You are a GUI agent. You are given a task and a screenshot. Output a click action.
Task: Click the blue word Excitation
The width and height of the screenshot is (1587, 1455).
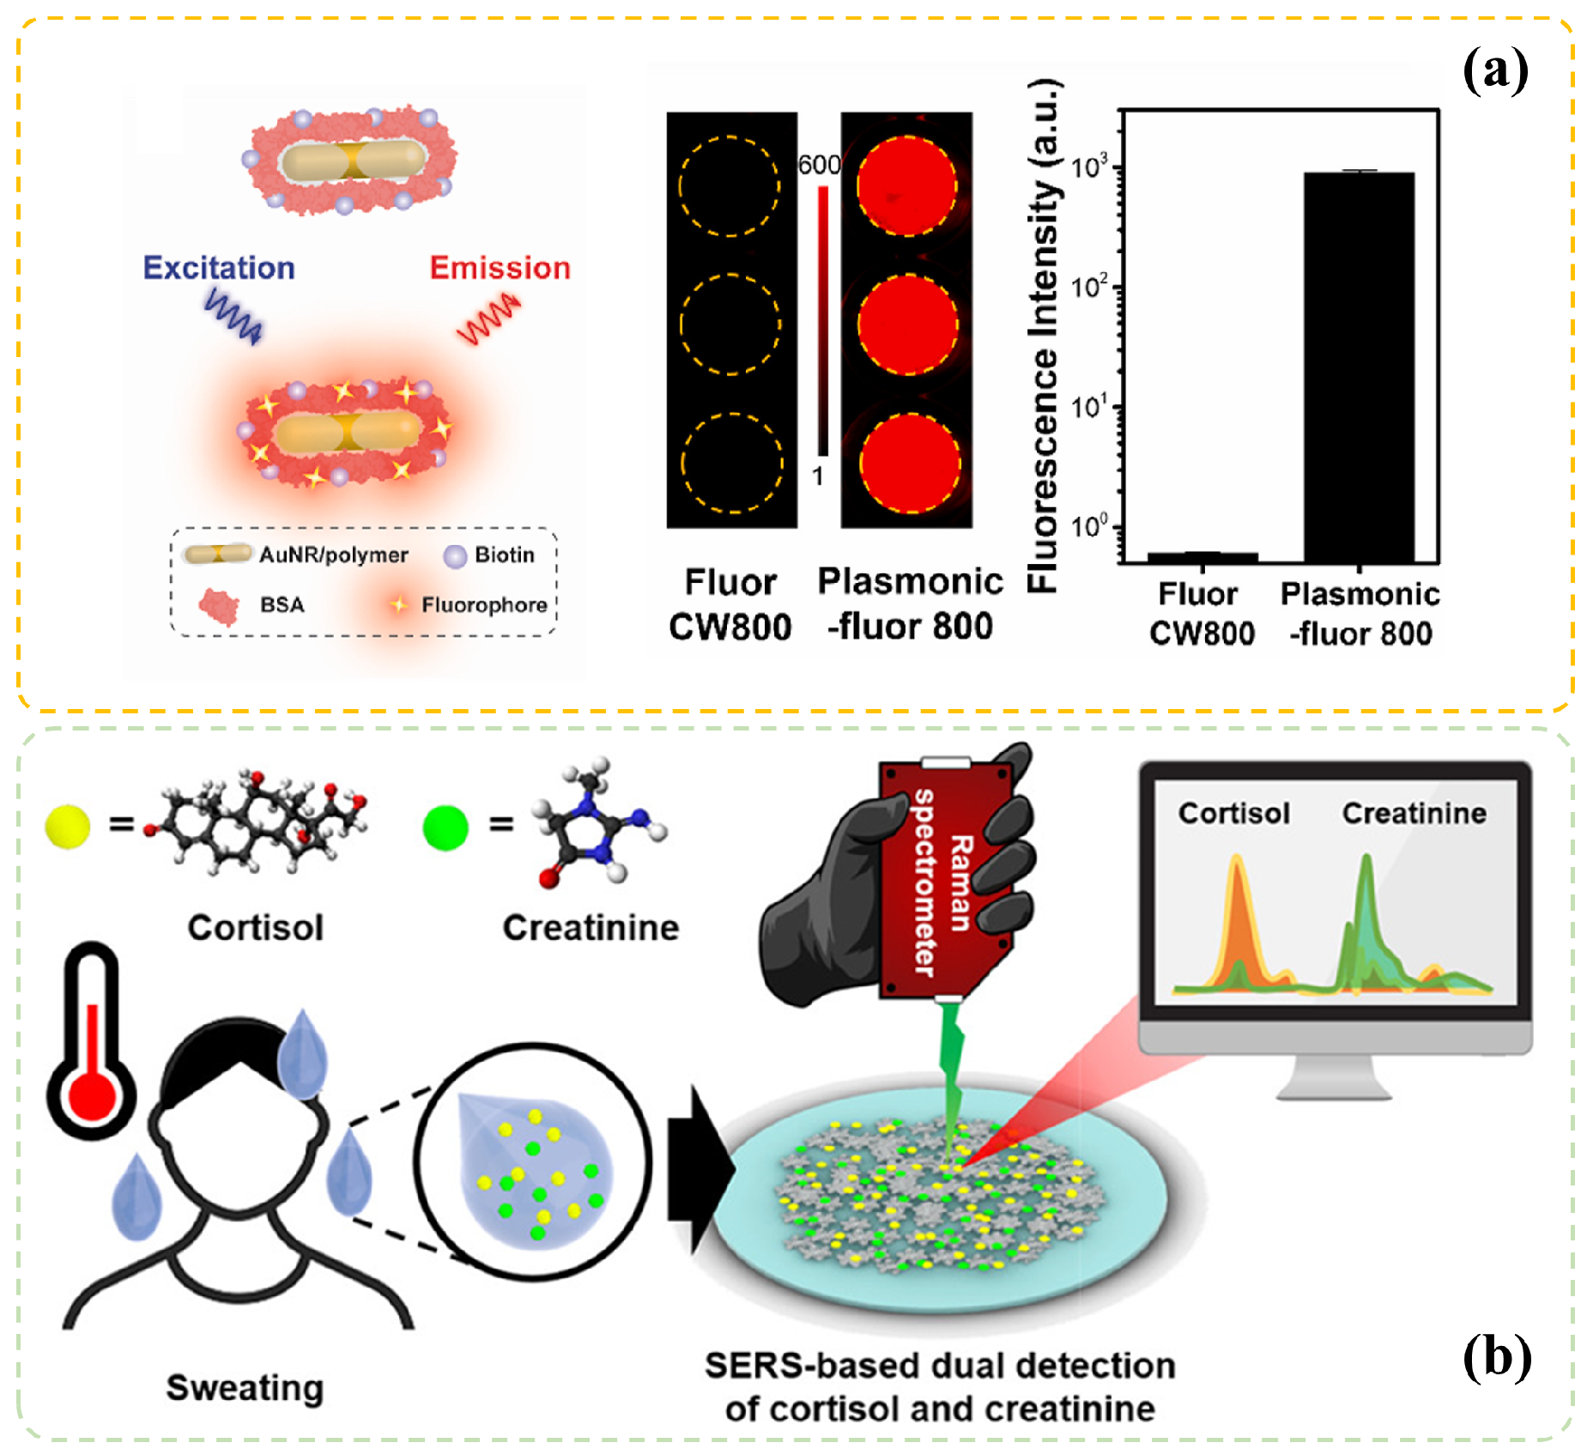pos(219,268)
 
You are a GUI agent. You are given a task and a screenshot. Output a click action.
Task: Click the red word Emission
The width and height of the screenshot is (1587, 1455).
pos(500,268)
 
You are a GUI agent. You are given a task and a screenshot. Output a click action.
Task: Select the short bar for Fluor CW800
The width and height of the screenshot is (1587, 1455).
pos(1202,557)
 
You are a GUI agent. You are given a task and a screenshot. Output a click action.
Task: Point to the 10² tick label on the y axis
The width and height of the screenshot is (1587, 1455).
pos(1090,285)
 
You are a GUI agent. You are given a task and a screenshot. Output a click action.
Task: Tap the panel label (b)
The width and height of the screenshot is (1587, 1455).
pos(1497,1357)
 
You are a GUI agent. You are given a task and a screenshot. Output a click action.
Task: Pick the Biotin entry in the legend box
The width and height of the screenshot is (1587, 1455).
pos(504,555)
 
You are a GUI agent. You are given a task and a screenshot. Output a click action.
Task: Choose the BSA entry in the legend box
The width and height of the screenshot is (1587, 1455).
pos(282,605)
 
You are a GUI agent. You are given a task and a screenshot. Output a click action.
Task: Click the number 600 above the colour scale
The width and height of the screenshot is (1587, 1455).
pos(819,165)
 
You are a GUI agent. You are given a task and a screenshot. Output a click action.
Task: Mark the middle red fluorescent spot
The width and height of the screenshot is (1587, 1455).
pos(907,324)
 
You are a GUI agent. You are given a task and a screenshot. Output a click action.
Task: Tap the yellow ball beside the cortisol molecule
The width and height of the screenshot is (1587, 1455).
pos(68,827)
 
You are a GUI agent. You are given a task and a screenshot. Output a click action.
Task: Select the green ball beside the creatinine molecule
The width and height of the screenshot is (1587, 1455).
pos(445,828)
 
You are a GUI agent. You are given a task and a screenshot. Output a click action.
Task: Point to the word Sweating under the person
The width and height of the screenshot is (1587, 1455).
pos(245,1387)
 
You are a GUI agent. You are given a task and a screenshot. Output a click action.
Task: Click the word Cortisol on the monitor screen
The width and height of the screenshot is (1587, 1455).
pos(1233,813)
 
